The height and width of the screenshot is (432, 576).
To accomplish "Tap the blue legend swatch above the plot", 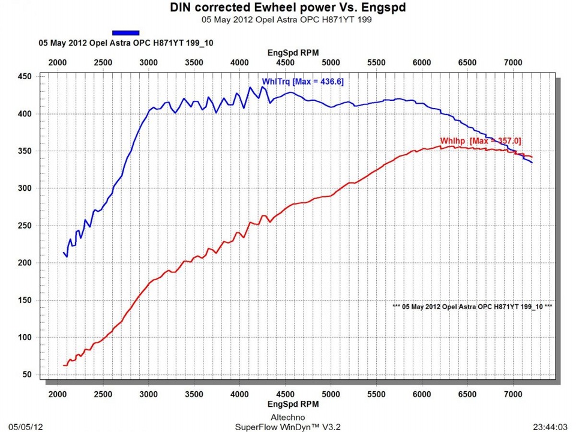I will point(126,33).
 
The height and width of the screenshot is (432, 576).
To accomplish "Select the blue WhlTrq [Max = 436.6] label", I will point(302,82).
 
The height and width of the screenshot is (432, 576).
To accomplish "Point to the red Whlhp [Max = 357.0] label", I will point(481,140).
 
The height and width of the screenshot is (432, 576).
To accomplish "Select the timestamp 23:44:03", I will point(550,427).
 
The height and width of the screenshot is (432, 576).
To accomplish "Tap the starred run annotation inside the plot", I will point(472,306).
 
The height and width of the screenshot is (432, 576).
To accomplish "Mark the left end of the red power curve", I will point(64,365).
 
